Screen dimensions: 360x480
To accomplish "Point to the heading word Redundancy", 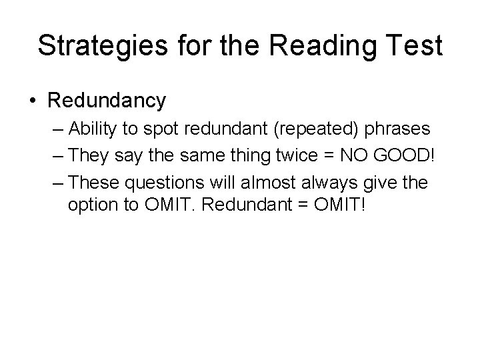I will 106,101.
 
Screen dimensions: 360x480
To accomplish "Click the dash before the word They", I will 58,155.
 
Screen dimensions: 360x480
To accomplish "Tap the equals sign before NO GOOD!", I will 322,155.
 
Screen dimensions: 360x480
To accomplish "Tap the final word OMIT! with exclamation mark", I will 339,205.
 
